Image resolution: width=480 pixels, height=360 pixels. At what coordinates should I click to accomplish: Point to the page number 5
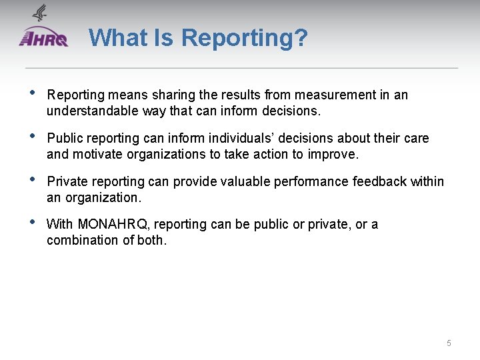click(x=449, y=343)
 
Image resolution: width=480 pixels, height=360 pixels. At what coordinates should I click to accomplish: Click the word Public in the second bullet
click(x=64, y=139)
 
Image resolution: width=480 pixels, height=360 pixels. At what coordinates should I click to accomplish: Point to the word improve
click(x=336, y=155)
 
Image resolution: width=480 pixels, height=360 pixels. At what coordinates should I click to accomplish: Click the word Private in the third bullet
click(x=67, y=181)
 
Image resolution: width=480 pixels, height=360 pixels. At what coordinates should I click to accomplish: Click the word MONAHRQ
click(x=111, y=225)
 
